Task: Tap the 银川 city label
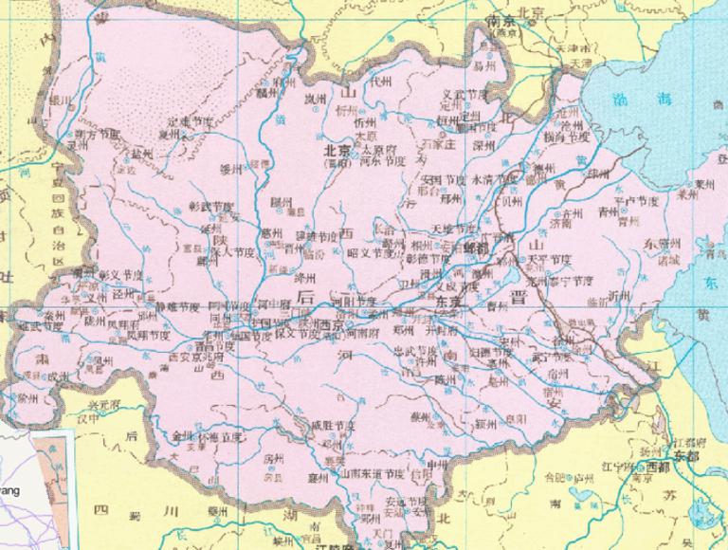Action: [x=59, y=98]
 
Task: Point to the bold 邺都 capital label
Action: [x=480, y=244]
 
